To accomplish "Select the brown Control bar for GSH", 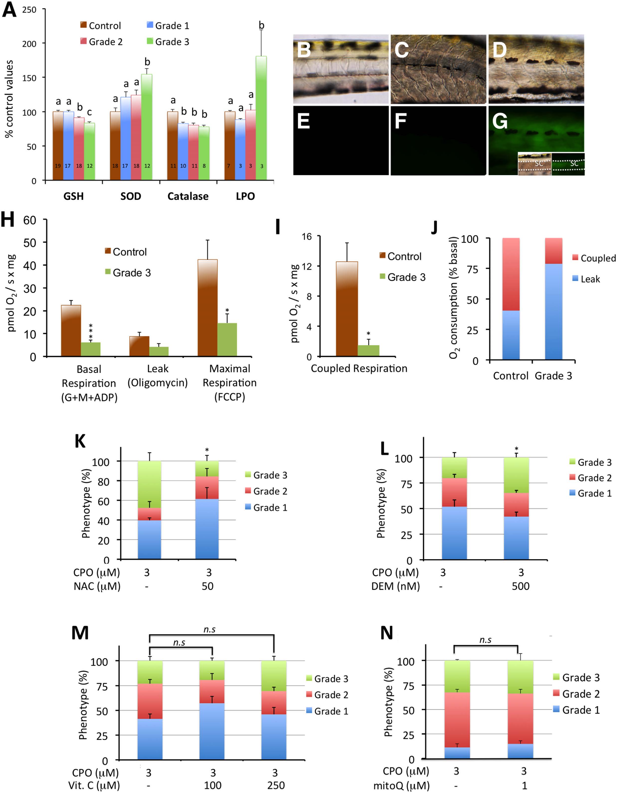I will click(58, 145).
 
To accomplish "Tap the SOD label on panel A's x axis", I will click(131, 196).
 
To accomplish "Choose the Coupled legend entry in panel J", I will click(594, 258).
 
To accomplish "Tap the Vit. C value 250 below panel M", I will click(276, 785).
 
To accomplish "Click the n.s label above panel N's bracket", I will click(485, 640).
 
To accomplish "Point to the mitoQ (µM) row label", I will click(401, 786).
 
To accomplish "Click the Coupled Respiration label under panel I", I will click(359, 368).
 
